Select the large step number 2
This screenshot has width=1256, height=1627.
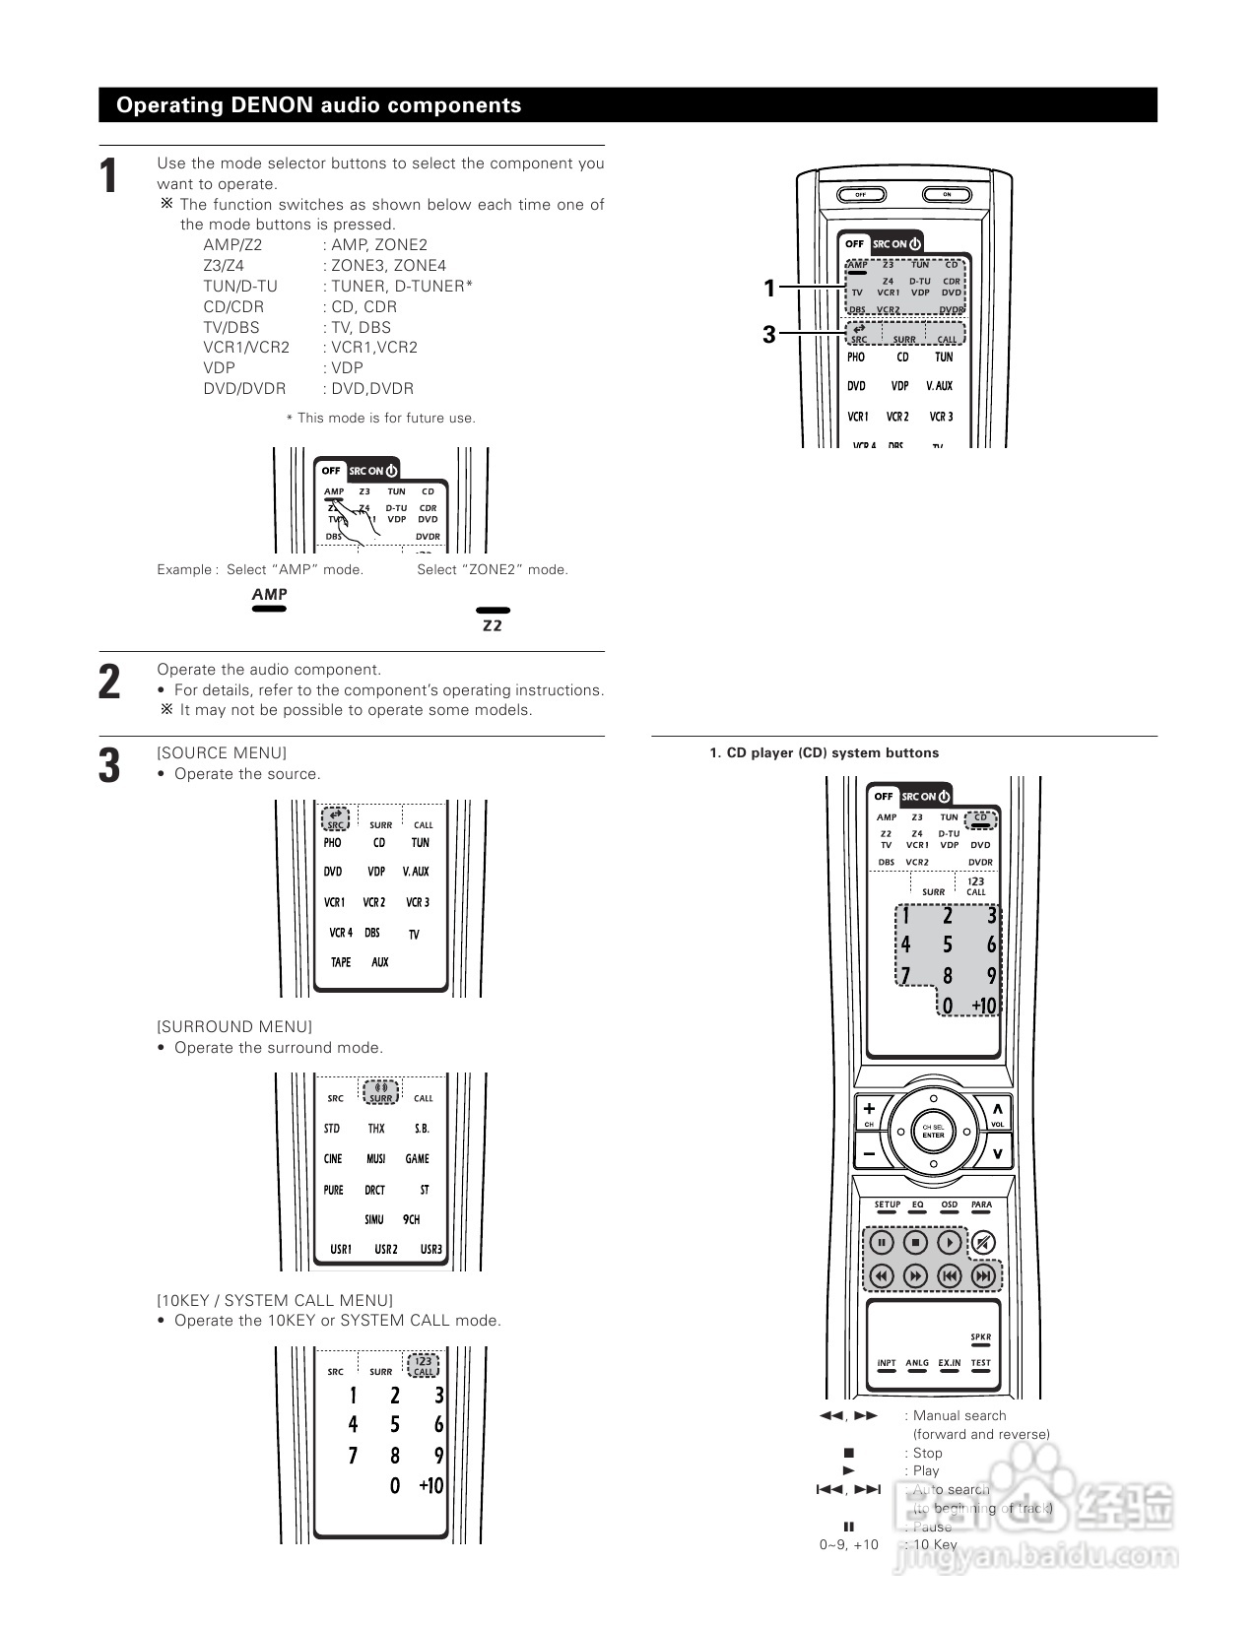(x=109, y=683)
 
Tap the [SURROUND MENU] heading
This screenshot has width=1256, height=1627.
(x=234, y=1026)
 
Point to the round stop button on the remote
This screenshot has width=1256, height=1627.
(x=915, y=1243)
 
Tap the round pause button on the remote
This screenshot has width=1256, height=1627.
(x=882, y=1243)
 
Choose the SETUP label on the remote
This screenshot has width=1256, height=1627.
(x=888, y=1205)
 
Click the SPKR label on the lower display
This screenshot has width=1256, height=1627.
(x=980, y=1337)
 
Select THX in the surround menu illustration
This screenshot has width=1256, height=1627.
(x=376, y=1129)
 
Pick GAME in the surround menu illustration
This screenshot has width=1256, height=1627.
(x=418, y=1159)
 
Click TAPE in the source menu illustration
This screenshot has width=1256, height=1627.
(x=341, y=962)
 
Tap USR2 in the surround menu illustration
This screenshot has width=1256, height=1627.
(x=386, y=1249)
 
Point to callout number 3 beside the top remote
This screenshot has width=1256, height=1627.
(x=769, y=335)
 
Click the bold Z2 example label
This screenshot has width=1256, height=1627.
(x=493, y=626)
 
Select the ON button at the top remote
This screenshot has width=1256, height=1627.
(x=947, y=194)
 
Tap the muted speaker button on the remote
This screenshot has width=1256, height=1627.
(x=983, y=1243)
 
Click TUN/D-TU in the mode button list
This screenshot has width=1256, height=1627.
(x=240, y=287)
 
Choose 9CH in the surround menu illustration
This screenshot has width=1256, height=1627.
(x=412, y=1219)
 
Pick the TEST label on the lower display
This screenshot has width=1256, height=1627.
(x=980, y=1364)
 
